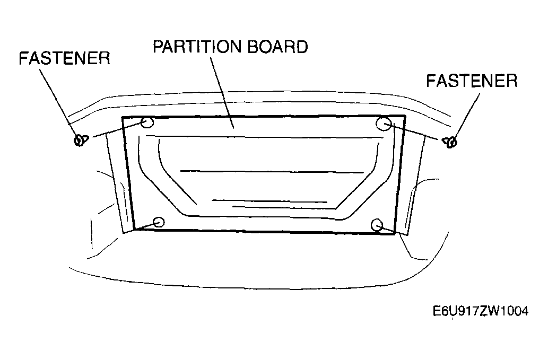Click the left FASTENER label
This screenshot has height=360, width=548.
(64, 58)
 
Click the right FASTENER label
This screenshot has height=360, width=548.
(472, 81)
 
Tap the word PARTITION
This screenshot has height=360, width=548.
(197, 47)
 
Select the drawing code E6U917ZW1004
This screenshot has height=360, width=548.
(481, 311)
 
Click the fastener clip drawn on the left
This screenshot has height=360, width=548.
(81, 140)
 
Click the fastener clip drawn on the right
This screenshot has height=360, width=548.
(450, 142)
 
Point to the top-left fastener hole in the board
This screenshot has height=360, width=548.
(147, 122)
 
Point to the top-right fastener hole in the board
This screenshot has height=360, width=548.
(384, 124)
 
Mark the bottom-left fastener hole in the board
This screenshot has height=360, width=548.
(159, 222)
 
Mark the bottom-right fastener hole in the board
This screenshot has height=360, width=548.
(377, 225)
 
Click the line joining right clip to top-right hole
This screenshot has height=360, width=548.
(414, 131)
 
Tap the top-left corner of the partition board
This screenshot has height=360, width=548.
(123, 118)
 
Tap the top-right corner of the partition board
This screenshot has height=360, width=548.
(405, 116)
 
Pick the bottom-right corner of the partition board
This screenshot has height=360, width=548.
(394, 233)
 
